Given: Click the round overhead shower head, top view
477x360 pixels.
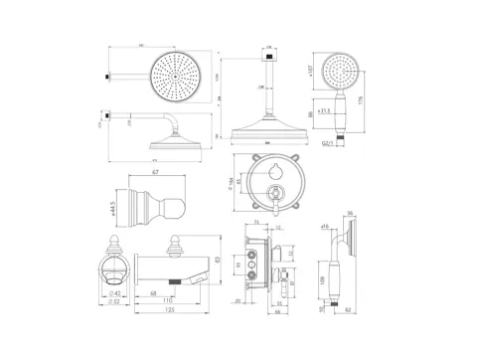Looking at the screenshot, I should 176,74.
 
